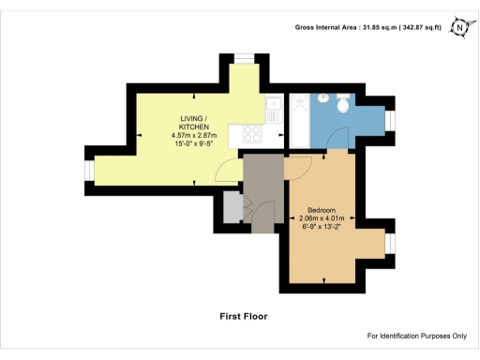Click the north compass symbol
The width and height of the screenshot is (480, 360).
(x=459, y=28)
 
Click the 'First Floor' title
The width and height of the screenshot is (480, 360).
(x=244, y=316)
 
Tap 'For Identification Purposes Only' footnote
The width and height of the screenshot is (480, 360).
(x=416, y=336)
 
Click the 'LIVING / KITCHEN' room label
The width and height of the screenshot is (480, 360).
(x=194, y=122)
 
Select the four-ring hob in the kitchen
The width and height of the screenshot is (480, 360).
(x=253, y=133)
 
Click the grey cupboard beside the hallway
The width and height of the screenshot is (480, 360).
(x=231, y=207)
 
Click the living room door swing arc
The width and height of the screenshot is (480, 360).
(x=225, y=170)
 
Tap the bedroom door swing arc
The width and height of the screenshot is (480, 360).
(x=298, y=168)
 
